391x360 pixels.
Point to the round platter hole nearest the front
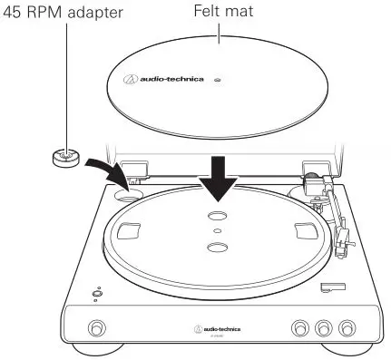[215, 248]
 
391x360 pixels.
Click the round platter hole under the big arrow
[215, 216]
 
